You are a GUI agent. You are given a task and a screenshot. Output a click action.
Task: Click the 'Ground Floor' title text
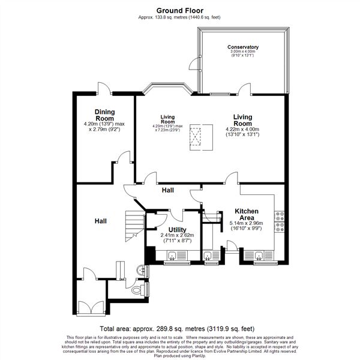tap(179, 10)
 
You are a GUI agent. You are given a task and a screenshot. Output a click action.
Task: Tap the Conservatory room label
tap(243, 47)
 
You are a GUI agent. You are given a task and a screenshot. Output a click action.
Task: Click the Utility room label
tap(177, 230)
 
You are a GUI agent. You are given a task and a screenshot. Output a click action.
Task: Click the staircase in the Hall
tap(132, 226)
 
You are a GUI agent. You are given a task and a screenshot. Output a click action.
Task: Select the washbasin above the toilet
tap(142, 271)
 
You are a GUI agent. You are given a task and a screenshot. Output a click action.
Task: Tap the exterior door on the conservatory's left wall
tap(193, 65)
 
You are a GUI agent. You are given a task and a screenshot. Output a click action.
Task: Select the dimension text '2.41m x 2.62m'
tap(177, 236)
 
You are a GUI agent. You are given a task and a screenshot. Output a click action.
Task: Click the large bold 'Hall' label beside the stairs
tap(101, 221)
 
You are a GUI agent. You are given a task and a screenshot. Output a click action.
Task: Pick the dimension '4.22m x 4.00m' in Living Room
tap(242, 128)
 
